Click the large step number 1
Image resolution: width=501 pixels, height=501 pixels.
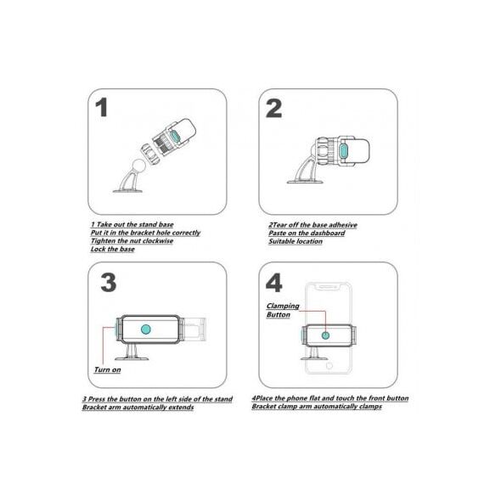coord(102,108)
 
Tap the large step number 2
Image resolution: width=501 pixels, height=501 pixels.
coord(273,108)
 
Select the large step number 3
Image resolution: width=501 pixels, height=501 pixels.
coord(109,283)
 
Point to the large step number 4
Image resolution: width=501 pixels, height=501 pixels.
coord(273,283)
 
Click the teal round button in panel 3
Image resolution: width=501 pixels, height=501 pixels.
coord(146,329)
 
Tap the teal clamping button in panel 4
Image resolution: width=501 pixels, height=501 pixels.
coord(325,335)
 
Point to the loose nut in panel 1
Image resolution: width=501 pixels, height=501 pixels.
coord(149,154)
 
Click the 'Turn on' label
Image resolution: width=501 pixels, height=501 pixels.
coord(107,369)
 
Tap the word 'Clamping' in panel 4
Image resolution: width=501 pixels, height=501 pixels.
coord(283,306)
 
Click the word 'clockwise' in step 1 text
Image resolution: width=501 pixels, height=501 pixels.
coord(158,240)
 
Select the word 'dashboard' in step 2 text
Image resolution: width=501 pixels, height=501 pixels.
coord(328,233)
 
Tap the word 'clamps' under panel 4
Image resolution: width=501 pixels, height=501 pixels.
coord(370,407)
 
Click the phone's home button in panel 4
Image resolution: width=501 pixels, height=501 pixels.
coord(329,365)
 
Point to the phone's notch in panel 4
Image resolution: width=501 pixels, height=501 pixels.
coord(328,286)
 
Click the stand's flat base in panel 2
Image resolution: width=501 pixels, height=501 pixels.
coord(306,182)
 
